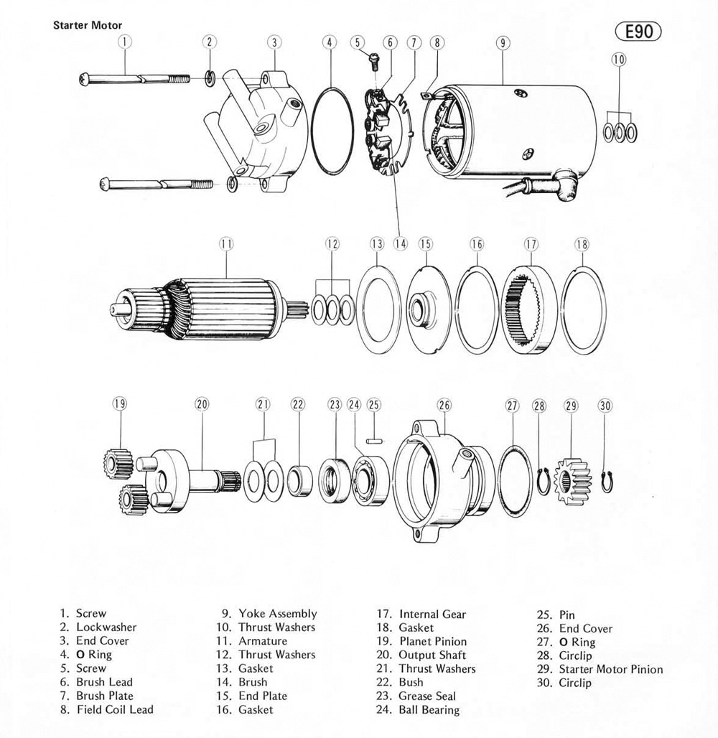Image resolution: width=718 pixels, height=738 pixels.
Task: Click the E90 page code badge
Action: pyautogui.click(x=638, y=32)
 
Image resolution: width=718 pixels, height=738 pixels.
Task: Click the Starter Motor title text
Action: pyautogui.click(x=88, y=25)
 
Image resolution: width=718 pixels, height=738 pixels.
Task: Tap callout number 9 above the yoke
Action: pyautogui.click(x=503, y=42)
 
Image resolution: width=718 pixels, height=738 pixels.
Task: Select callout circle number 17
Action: pyautogui.click(x=531, y=244)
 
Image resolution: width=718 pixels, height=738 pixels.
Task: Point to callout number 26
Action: pyautogui.click(x=444, y=405)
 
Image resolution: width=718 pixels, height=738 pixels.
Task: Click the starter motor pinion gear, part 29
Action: pyautogui.click(x=572, y=479)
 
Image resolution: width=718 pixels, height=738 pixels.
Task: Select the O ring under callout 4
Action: pyautogui.click(x=331, y=130)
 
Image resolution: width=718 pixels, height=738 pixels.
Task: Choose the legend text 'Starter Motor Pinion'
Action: pyautogui.click(x=611, y=669)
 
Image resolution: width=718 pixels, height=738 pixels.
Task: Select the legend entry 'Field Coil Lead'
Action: pyautogui.click(x=114, y=710)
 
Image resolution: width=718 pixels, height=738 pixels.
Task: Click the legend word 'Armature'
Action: pyautogui.click(x=263, y=641)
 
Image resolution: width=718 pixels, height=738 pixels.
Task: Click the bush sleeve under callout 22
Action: pyautogui.click(x=298, y=480)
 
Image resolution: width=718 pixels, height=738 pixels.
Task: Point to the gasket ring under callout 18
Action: pyautogui.click(x=583, y=309)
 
